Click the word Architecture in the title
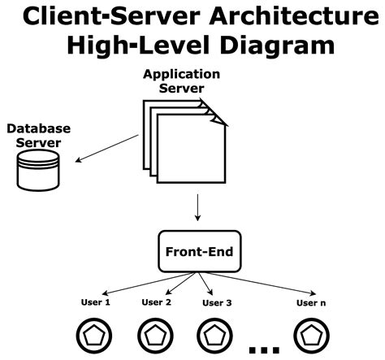pos(294,16)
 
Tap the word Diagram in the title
pos(278,45)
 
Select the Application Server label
pos(181,81)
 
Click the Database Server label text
pos(38,136)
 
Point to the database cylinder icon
pos(38,171)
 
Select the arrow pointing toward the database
pos(106,149)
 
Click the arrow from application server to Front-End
pos(197,207)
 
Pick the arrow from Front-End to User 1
pos(149,284)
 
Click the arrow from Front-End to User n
pos(260,284)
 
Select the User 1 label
pos(96,302)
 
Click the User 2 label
pos(157,302)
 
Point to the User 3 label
pos(217,303)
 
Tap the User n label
pos(311,303)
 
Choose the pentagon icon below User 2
pos(155,336)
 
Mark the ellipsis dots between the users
pos(264,350)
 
